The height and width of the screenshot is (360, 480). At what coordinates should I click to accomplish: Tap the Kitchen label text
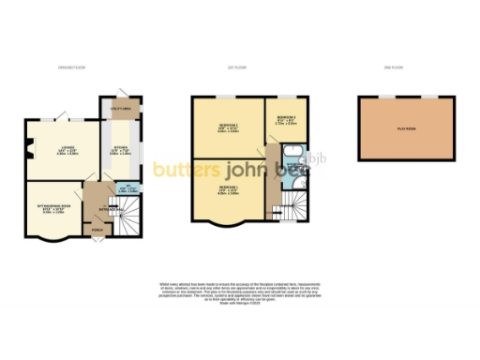point(120,148)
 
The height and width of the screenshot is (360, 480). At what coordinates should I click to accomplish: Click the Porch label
point(97,228)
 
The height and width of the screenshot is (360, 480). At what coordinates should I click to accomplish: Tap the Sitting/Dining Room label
point(52,209)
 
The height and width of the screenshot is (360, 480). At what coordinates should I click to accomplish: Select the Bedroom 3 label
point(286,119)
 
